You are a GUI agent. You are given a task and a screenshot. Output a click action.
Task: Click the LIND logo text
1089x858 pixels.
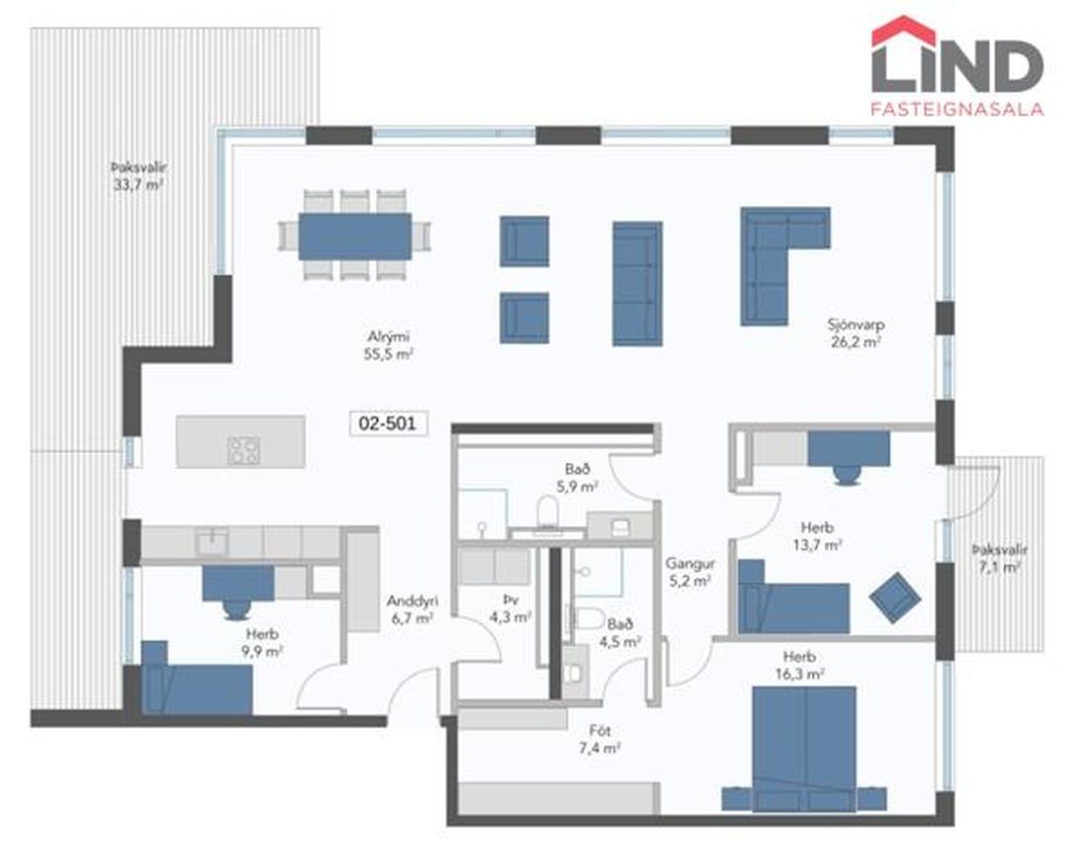click(x=957, y=66)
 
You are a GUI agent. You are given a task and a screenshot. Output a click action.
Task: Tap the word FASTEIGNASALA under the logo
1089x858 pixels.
click(x=957, y=109)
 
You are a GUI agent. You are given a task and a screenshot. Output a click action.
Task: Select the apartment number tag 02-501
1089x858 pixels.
click(x=388, y=424)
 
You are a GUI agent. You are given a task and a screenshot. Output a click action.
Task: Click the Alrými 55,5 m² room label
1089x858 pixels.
click(x=389, y=345)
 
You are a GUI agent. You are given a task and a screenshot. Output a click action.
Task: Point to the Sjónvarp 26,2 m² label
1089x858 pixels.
click(x=856, y=333)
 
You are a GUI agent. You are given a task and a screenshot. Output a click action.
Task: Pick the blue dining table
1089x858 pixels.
click(x=355, y=237)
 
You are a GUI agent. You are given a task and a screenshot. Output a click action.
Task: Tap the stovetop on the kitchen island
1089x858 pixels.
click(x=243, y=450)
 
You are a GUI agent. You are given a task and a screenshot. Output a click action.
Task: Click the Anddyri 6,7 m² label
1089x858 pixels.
click(x=411, y=610)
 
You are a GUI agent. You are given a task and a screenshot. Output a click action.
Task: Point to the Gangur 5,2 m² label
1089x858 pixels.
click(x=689, y=572)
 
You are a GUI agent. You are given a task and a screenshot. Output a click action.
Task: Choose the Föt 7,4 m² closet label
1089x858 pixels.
click(x=599, y=739)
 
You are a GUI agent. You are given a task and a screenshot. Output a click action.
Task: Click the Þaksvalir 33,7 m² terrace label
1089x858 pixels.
click(x=138, y=176)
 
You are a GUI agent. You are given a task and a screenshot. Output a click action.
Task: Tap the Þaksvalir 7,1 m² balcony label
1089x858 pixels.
click(x=999, y=558)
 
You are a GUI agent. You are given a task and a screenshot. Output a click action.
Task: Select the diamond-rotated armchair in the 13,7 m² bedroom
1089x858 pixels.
click(x=895, y=597)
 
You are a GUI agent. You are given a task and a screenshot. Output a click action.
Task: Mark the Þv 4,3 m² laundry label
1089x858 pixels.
click(x=510, y=608)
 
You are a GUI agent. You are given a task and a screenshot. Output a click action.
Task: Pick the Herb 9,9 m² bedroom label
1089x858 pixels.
click(x=262, y=642)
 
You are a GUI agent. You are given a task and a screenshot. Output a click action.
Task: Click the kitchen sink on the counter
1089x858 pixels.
click(x=211, y=541)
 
